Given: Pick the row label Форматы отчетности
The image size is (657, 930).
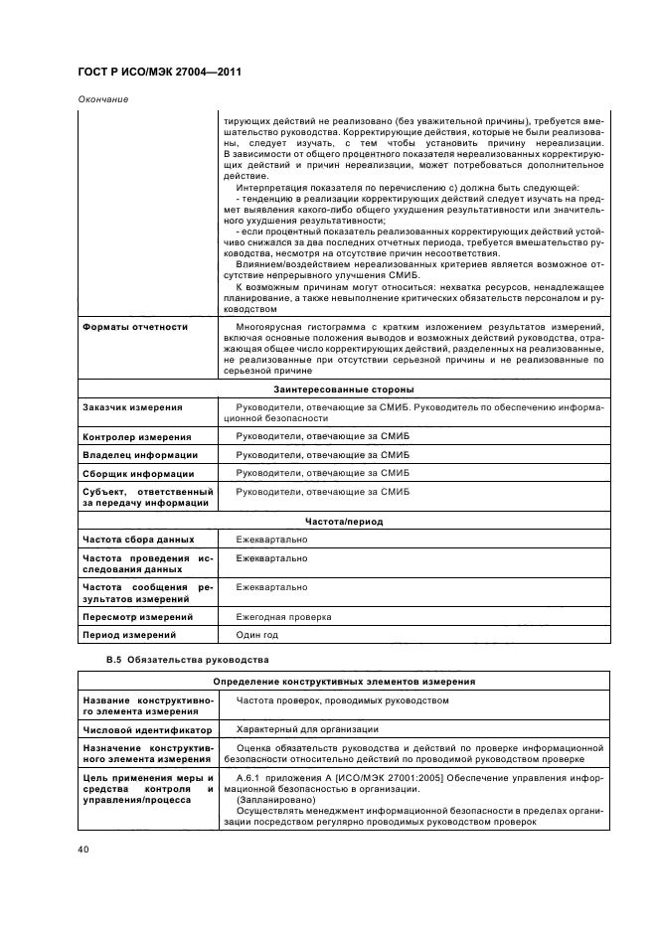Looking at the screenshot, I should pos(134,326).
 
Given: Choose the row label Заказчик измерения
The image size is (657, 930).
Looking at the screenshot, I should pos(132,407).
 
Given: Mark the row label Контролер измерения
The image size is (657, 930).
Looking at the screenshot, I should pos(136,437).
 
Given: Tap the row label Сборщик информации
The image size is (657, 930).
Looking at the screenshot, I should pos(137,474).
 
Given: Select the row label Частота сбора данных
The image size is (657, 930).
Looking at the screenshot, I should pos(137,540).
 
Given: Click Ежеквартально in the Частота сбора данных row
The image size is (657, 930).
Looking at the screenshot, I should pos(271,540).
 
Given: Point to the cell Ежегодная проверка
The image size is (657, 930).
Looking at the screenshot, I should pos(283,617).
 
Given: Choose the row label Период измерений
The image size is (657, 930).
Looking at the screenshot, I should pos(129,635).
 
